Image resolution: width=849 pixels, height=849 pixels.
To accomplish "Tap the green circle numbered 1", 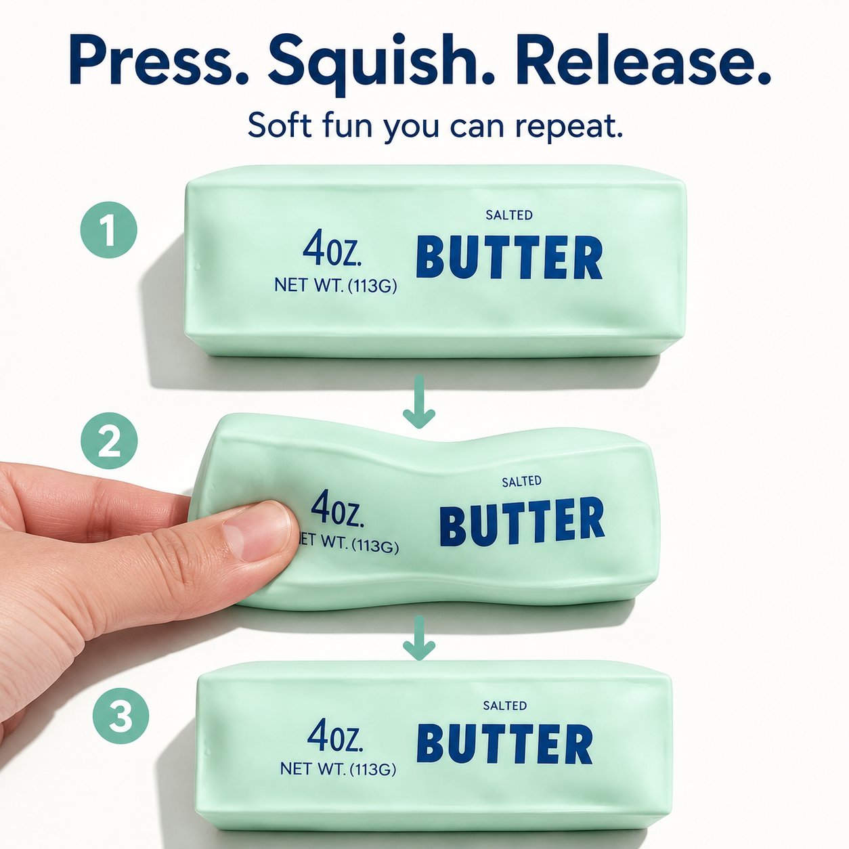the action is click(109, 230).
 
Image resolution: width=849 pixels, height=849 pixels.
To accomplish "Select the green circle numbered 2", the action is click(109, 441).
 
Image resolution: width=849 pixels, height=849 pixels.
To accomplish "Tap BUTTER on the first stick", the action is click(510, 259).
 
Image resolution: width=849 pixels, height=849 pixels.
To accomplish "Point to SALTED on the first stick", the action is click(509, 215).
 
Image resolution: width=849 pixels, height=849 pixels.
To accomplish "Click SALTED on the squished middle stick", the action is click(521, 481).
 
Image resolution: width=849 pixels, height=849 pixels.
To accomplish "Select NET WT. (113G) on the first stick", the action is click(336, 286).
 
